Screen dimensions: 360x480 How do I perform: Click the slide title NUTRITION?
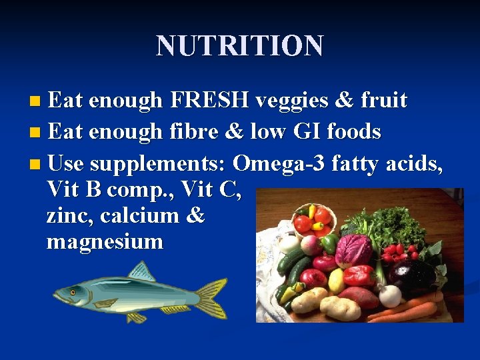(x=240, y=46)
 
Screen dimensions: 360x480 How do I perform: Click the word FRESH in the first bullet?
(x=209, y=100)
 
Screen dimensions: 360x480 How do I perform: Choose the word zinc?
(x=69, y=215)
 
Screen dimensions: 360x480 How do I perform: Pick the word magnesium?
(x=105, y=241)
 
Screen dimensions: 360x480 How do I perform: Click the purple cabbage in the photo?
(x=353, y=251)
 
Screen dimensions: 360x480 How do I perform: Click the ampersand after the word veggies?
(x=343, y=100)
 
